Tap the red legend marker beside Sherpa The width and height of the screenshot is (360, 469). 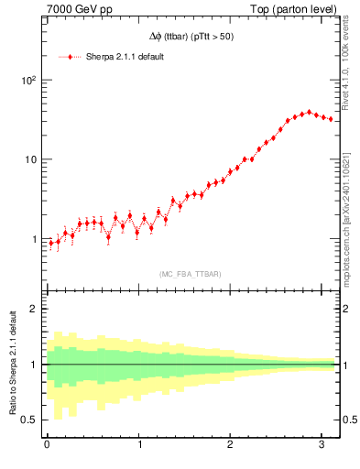[71, 57]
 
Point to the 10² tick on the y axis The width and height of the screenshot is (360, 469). [27, 81]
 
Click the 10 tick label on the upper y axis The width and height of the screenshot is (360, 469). [30, 160]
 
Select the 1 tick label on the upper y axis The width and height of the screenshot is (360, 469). [33, 240]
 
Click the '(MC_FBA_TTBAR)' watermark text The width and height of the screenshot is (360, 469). [191, 273]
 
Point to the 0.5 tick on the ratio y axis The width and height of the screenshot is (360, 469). [29, 420]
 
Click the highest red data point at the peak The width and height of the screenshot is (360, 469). [309, 112]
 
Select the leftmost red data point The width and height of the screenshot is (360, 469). [50, 244]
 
